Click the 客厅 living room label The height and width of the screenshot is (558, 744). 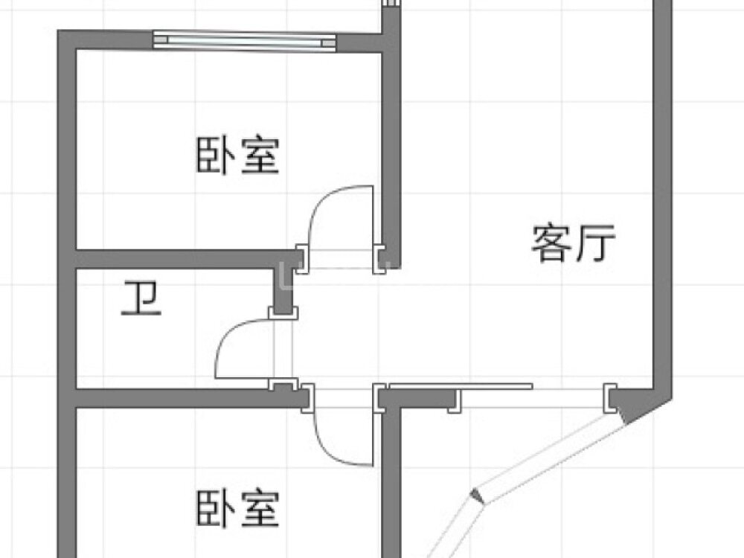573,243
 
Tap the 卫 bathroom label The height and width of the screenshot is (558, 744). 141,298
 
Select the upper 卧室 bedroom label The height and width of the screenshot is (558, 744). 238,155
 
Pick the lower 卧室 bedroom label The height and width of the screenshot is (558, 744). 238,509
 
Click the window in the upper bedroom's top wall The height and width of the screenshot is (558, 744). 244,40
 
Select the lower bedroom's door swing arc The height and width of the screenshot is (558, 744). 332,451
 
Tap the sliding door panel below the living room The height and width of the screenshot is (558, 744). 461,386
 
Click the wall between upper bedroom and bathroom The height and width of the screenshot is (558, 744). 185,259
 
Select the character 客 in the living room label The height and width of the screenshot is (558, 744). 551,243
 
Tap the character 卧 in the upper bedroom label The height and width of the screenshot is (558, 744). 216,155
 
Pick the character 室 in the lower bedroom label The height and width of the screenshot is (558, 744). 260,509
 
